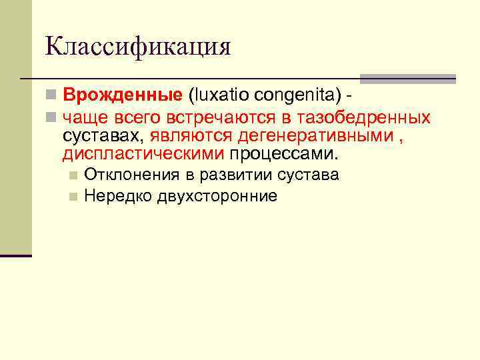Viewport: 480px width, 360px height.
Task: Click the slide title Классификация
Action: (x=138, y=46)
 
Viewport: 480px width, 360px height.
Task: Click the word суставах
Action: (x=103, y=136)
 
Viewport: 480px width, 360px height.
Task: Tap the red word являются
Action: (x=190, y=136)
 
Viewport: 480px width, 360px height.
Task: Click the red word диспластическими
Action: (x=143, y=154)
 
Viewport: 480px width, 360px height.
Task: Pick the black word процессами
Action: (x=284, y=154)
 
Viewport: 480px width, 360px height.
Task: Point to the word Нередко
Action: (x=118, y=196)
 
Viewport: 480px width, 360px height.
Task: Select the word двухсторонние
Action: (x=218, y=196)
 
